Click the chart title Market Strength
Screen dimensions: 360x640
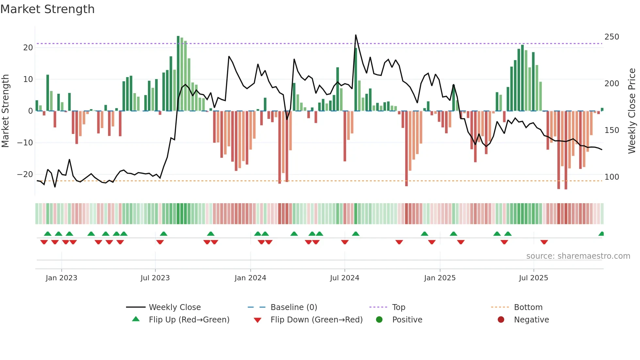(47, 9)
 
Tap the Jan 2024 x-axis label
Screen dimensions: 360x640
(250, 278)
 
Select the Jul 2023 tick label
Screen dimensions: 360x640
(155, 278)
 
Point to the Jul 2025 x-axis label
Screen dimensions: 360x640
(533, 278)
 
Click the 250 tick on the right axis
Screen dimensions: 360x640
(612, 37)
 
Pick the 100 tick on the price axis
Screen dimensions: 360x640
(612, 177)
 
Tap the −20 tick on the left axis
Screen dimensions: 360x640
(25, 174)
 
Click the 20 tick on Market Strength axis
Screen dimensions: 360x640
(28, 48)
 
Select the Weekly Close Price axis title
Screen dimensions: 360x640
(632, 111)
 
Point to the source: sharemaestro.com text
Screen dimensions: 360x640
(578, 256)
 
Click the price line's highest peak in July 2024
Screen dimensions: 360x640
(356, 35)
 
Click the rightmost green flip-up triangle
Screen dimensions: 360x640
(601, 234)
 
